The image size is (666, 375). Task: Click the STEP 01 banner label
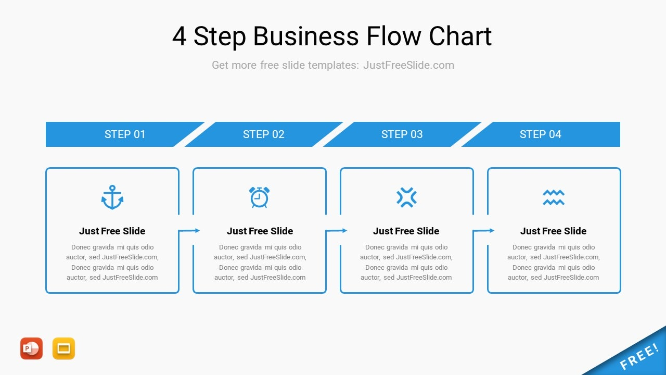[125, 134]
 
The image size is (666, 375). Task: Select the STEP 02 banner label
[263, 134]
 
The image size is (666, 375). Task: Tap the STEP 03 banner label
[402, 134]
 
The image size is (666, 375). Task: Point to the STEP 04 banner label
[540, 134]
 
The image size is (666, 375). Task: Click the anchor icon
[112, 197]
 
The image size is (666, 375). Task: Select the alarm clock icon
[259, 197]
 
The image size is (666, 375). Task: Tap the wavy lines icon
[553, 197]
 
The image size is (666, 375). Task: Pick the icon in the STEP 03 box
[406, 197]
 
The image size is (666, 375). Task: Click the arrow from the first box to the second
[189, 231]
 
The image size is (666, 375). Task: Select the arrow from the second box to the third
[336, 231]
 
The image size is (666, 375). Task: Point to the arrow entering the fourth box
[483, 231]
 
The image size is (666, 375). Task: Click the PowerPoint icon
[32, 348]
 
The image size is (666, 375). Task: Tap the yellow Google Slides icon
[63, 348]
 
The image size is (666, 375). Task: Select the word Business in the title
[306, 36]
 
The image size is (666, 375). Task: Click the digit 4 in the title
[180, 36]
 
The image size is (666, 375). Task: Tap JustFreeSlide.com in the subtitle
[408, 65]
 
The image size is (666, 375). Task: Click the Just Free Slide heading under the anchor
[112, 231]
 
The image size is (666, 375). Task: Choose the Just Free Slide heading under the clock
[260, 231]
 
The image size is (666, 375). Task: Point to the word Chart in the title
[460, 36]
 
